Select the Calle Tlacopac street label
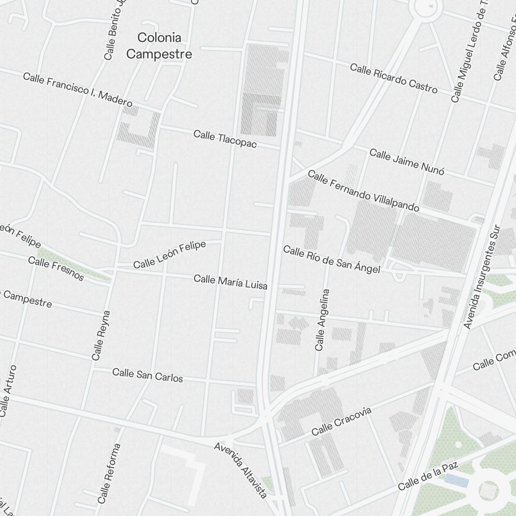click(x=225, y=139)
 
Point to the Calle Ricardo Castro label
click(x=394, y=78)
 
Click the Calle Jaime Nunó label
click(x=407, y=162)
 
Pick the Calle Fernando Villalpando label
click(x=363, y=191)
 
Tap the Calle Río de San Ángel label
click(x=332, y=260)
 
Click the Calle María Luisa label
click(x=230, y=282)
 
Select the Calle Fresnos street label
click(x=56, y=268)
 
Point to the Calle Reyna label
click(x=101, y=335)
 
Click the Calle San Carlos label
click(x=148, y=375)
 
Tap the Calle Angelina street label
click(x=322, y=320)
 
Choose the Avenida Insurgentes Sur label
click(x=482, y=277)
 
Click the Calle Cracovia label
click(x=342, y=421)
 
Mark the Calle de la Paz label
click(x=428, y=477)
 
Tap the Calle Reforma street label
click(x=109, y=473)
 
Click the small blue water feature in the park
click(x=456, y=481)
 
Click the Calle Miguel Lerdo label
click(x=470, y=57)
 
